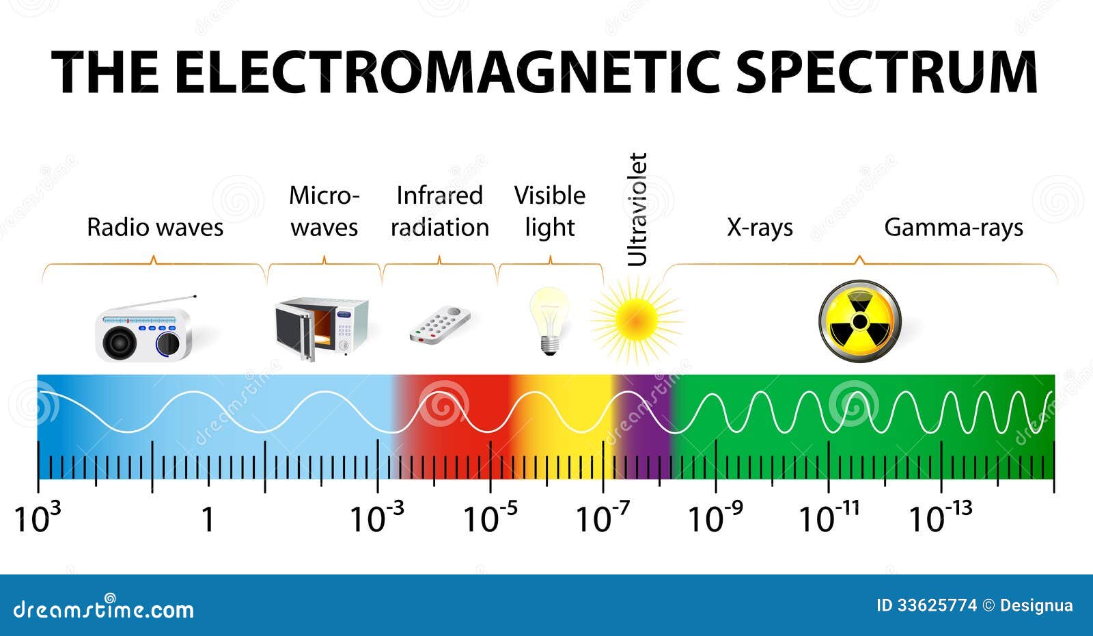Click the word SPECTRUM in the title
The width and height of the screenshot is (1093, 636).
(x=887, y=71)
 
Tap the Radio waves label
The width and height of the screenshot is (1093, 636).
(x=155, y=227)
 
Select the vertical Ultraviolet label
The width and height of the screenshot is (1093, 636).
(x=637, y=209)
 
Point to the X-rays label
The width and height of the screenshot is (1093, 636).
(x=760, y=228)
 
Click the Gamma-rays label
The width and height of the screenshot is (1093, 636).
(x=954, y=228)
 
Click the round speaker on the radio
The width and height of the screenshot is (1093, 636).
(x=119, y=343)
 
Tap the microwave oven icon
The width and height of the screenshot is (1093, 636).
(x=322, y=328)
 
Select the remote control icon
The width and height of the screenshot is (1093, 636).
(x=440, y=325)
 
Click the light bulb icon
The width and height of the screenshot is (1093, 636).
(x=550, y=321)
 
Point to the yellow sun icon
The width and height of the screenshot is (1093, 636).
(x=636, y=321)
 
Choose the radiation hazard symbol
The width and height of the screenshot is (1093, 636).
(x=860, y=321)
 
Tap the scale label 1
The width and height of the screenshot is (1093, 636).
(x=208, y=519)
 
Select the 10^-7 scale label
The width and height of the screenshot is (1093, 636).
(x=603, y=517)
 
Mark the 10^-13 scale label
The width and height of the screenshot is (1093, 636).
(x=940, y=517)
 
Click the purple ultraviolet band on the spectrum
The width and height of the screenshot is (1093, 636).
(x=645, y=427)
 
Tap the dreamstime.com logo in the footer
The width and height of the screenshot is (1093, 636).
(x=103, y=608)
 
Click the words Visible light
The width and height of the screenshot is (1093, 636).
(x=550, y=211)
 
